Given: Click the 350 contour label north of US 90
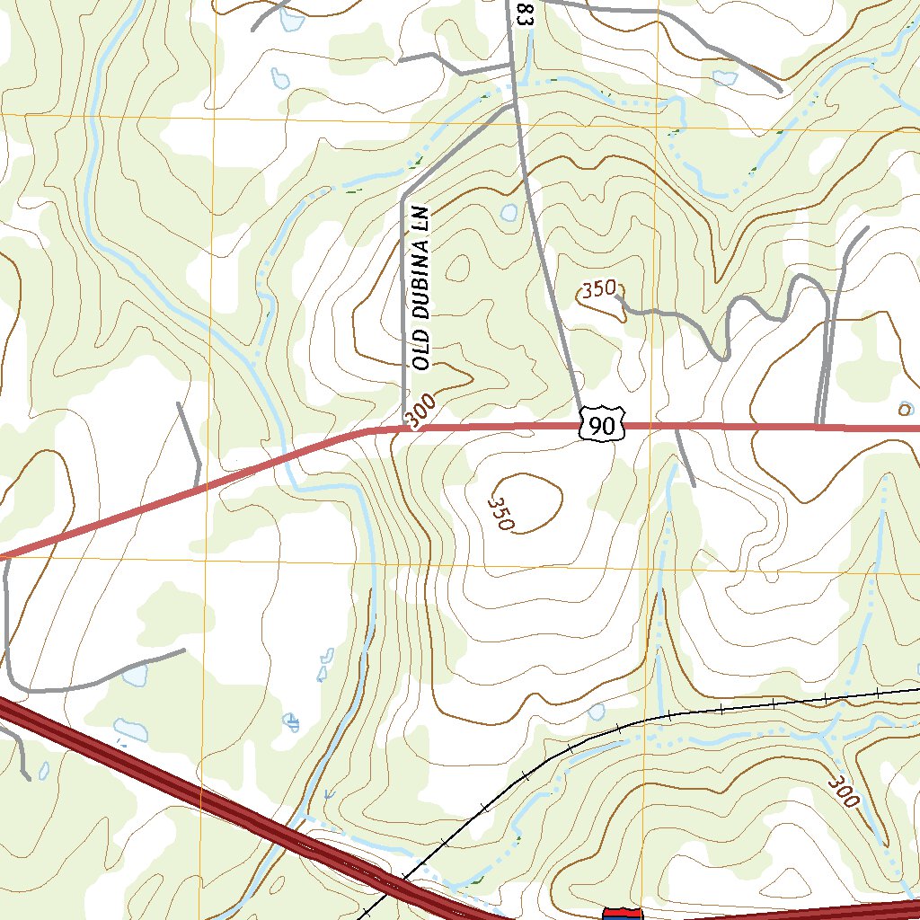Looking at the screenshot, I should [598, 289].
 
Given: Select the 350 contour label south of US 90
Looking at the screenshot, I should [500, 513].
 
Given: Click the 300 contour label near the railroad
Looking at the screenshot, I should [845, 790].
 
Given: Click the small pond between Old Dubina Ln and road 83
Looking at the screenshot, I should [509, 213].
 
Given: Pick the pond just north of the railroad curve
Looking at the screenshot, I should [597, 712].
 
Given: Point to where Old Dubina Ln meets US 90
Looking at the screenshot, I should [404, 429].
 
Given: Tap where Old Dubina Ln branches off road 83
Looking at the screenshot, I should [513, 104].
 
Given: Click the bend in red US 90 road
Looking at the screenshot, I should [367, 432].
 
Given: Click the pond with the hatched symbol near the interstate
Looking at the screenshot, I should [291, 721].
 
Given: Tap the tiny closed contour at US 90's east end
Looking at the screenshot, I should [904, 409].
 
